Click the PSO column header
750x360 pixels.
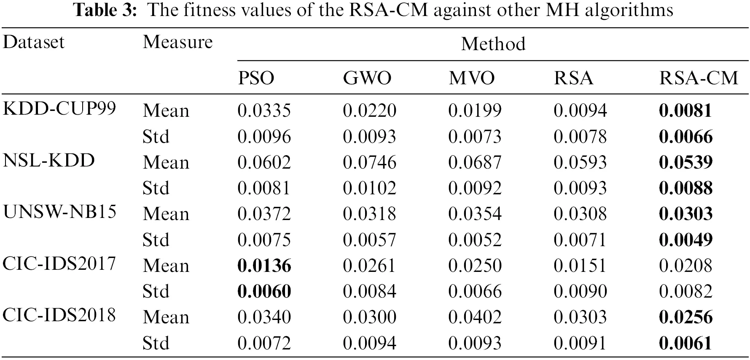click(x=256, y=78)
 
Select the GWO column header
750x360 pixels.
click(x=367, y=78)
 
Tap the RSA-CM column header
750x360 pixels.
click(x=699, y=78)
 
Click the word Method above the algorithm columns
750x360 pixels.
click(x=493, y=44)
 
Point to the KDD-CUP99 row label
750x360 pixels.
click(x=59, y=109)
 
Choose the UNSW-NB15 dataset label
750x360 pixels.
click(x=59, y=212)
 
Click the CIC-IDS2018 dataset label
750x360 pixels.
click(x=59, y=315)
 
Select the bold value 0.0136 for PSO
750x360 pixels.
click(x=264, y=266)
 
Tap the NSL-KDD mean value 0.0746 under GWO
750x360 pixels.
click(x=369, y=162)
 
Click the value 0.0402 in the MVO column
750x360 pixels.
click(x=475, y=317)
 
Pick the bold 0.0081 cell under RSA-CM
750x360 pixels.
click(x=685, y=110)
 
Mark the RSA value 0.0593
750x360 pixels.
click(x=580, y=162)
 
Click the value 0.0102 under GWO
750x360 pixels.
click(x=369, y=188)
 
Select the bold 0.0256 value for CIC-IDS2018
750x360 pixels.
click(x=685, y=317)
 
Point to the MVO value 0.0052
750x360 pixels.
click(x=475, y=240)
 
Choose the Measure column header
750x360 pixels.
click(x=177, y=42)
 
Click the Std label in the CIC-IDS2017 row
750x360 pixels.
click(x=156, y=291)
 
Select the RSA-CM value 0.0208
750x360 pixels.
click(x=685, y=266)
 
